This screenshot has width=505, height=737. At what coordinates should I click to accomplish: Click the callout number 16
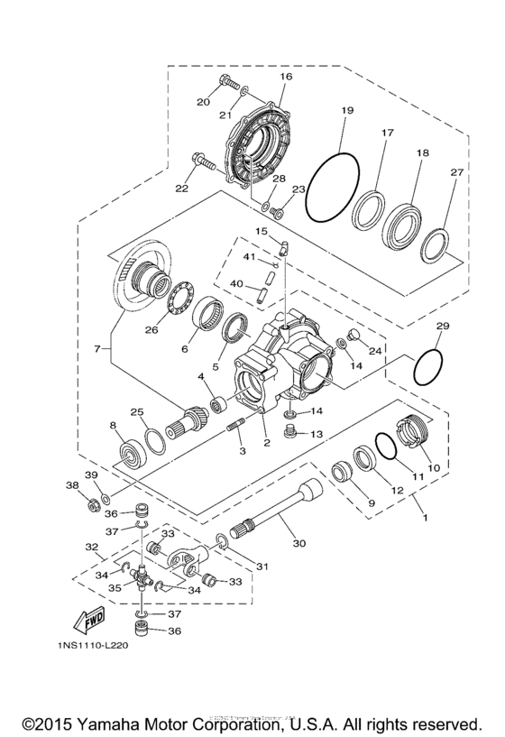(x=286, y=78)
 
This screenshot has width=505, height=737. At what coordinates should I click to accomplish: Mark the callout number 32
(x=91, y=547)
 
